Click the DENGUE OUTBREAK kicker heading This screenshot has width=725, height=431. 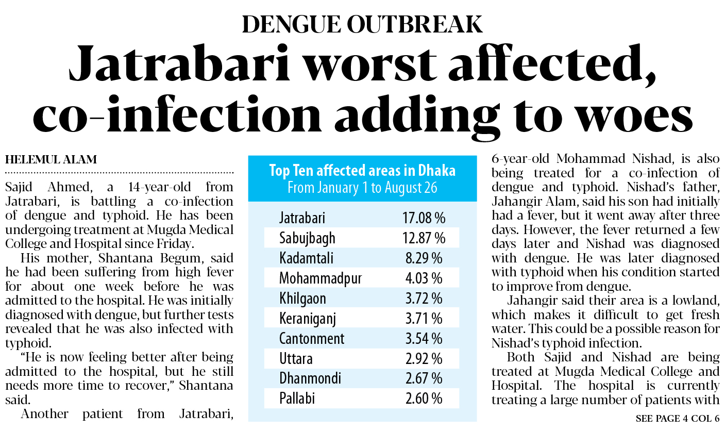tap(362, 24)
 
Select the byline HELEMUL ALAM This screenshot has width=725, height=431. tap(51, 160)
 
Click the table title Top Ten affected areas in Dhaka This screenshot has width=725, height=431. tap(362, 171)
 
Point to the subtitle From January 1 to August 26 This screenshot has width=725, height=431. tap(362, 187)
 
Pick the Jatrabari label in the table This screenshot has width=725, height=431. tap(302, 219)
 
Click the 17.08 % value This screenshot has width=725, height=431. tap(424, 219)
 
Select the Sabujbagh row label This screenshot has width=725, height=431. tap(307, 239)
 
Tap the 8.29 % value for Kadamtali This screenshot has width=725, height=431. tap(424, 259)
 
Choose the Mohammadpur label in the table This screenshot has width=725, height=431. tap(320, 278)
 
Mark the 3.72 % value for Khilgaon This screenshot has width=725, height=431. tap(424, 299)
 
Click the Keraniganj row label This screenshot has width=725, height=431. tap(308, 319)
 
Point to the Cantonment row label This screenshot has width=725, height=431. tap(312, 339)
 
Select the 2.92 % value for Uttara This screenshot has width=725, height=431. tap(424, 358)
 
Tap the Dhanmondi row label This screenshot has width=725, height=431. tap(310, 378)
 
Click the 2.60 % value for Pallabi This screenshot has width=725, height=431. tap(424, 399)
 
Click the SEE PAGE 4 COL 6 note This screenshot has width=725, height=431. tap(677, 419)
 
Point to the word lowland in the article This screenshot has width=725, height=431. tap(697, 301)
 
